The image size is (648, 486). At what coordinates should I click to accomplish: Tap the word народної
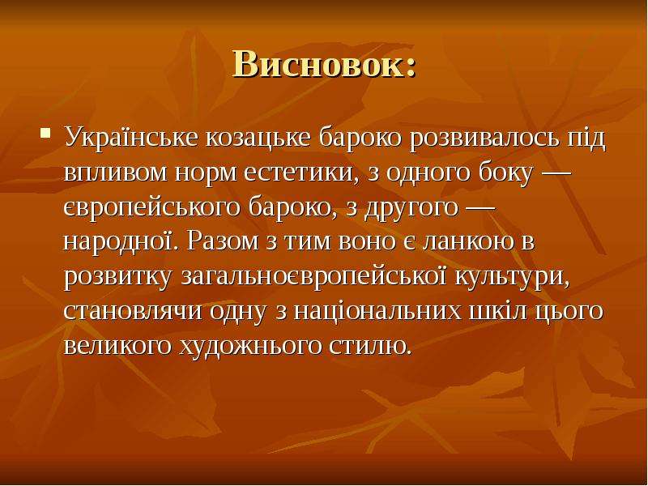(119, 241)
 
